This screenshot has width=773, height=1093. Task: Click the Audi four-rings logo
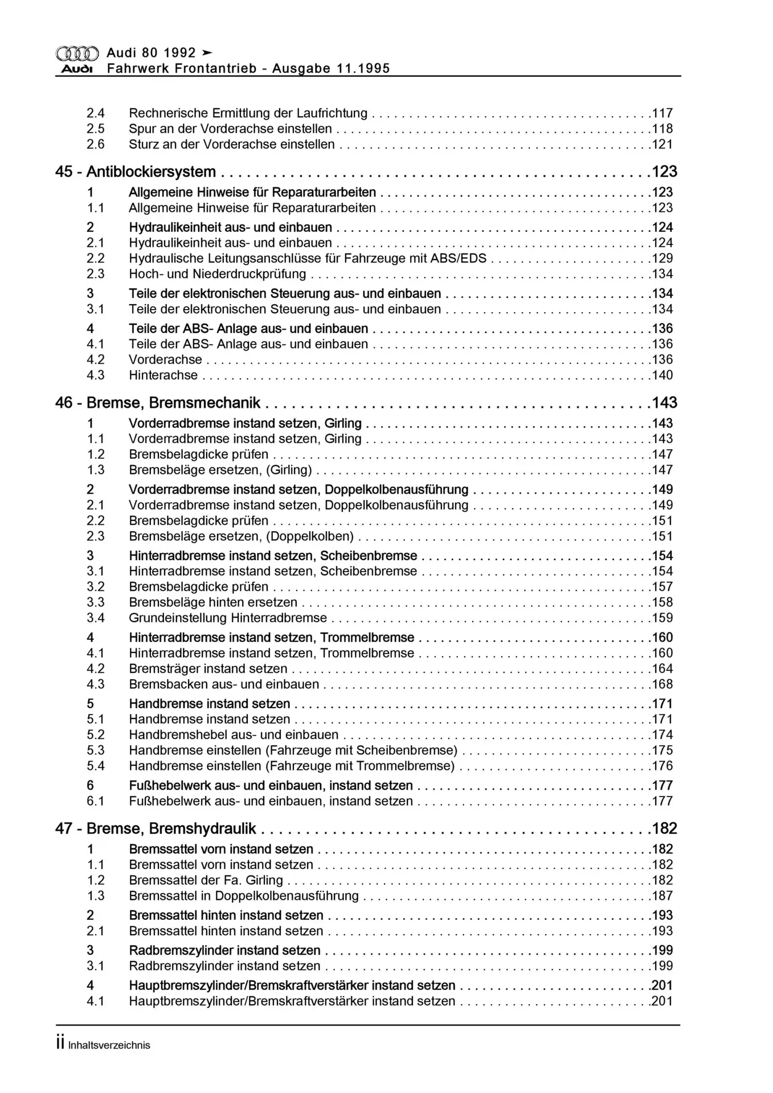[x=77, y=54]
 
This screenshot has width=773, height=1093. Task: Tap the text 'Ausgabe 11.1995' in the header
[x=331, y=69]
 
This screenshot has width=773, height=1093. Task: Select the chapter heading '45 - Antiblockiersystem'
[x=136, y=172]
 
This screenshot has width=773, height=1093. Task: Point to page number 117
[x=662, y=113]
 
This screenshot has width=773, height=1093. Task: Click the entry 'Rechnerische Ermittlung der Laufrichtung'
[x=248, y=113]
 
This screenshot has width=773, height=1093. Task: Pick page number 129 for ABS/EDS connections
[x=662, y=258]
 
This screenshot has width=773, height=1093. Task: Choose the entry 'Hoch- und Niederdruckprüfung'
[x=217, y=274]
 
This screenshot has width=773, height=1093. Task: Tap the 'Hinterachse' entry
[x=163, y=375]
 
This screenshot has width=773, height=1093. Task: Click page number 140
[x=662, y=375]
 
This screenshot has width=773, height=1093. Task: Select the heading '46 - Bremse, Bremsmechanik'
[x=158, y=403]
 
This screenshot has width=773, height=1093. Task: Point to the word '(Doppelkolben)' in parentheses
[x=310, y=536]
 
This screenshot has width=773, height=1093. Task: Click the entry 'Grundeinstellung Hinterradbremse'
[x=228, y=618]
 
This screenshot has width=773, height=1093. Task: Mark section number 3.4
[x=96, y=618]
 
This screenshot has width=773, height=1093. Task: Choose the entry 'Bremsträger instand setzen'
[x=208, y=669]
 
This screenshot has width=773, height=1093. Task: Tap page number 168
[x=662, y=684]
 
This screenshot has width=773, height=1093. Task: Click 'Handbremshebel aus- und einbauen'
[x=234, y=735]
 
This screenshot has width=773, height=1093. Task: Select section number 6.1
[x=96, y=801]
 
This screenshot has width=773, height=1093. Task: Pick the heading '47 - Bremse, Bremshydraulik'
[x=156, y=829]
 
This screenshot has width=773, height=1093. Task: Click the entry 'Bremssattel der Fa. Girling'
[x=206, y=880]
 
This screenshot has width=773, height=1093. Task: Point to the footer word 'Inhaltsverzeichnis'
[x=109, y=1045]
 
